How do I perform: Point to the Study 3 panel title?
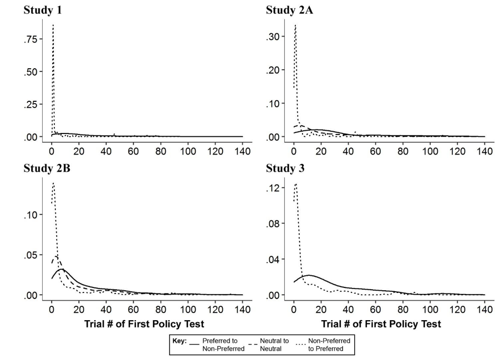click(x=285, y=168)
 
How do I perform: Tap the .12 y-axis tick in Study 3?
click(x=275, y=188)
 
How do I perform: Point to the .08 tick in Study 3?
click(x=275, y=224)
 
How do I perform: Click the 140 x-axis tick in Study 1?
click(x=242, y=151)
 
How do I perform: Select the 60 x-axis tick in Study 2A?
click(x=375, y=151)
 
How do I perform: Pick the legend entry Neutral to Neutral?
click(x=274, y=344)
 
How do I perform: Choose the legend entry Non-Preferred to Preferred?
click(x=329, y=344)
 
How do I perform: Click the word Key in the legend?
click(x=180, y=341)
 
